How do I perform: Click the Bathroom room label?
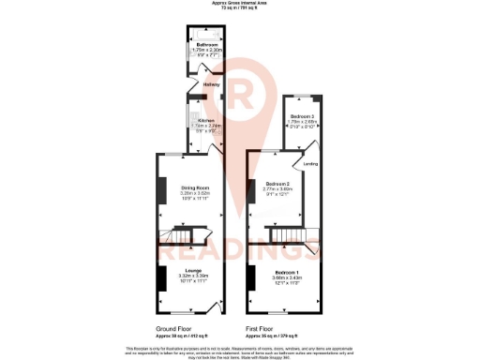pos(207,45)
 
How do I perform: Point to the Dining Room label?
pos(195,188)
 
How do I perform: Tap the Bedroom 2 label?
pos(280,184)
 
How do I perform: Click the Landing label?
pos(311,165)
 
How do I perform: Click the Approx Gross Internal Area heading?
pos(240,4)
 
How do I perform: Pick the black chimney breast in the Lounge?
pos(160,278)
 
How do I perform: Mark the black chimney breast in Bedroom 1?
pos(251,278)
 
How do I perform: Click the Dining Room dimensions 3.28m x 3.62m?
pos(195,194)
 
